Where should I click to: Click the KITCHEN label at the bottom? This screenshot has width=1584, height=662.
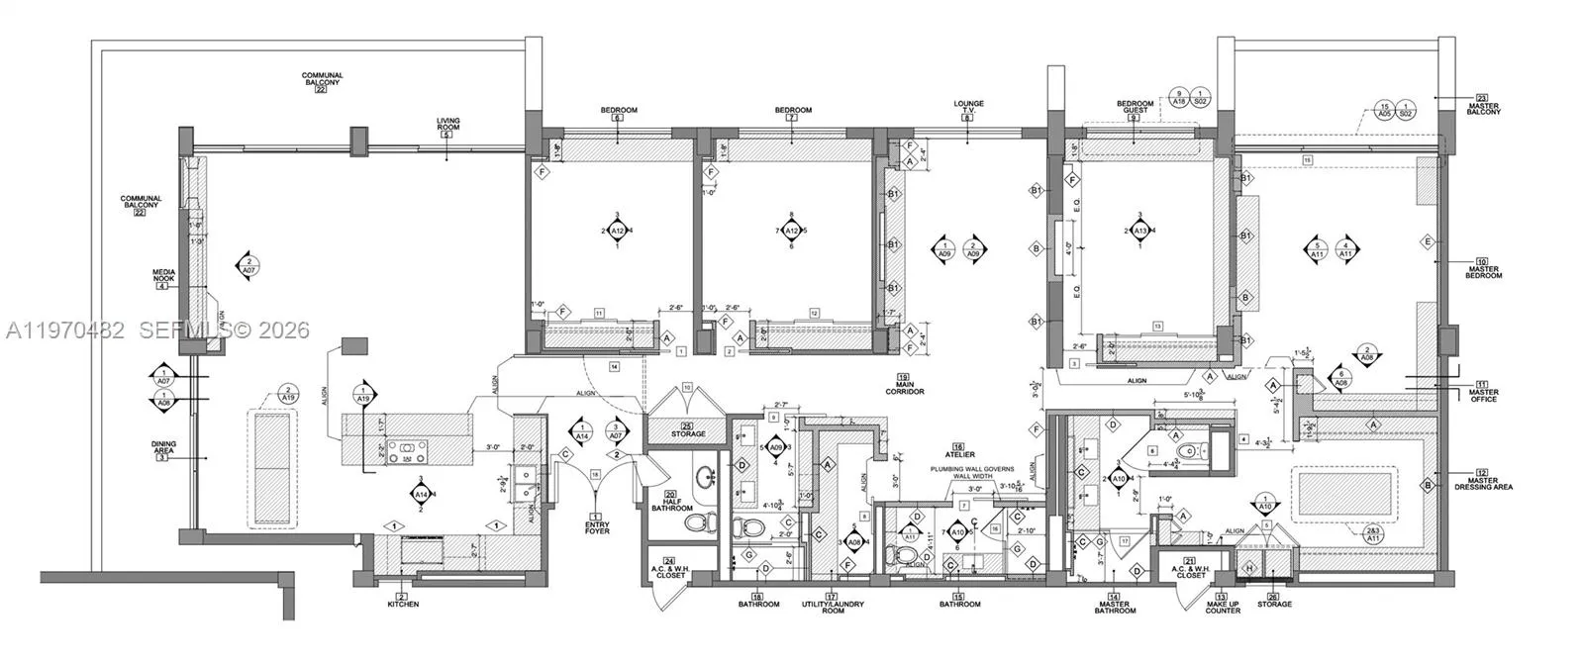[x=401, y=604]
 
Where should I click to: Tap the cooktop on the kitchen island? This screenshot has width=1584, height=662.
[x=404, y=452]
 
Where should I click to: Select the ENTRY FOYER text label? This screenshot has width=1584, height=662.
[x=596, y=527]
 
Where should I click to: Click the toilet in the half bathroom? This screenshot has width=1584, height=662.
[x=697, y=523]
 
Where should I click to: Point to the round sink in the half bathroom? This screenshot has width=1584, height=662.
[x=705, y=476]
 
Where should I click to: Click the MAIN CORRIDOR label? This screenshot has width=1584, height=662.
[x=904, y=388]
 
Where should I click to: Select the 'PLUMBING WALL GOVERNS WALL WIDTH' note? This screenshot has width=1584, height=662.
[x=971, y=472]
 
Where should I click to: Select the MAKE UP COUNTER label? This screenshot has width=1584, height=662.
[x=1222, y=608]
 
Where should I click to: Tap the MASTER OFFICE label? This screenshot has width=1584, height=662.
[x=1482, y=393]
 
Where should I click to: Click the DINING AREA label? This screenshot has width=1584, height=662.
[x=163, y=448]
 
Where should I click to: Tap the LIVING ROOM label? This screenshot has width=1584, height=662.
[x=447, y=125]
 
